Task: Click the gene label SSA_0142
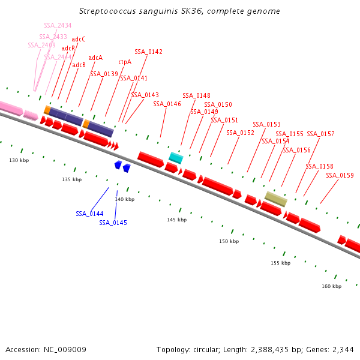(148, 52)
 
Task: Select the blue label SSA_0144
(89, 214)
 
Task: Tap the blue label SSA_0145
(113, 223)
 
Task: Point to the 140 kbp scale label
(124, 199)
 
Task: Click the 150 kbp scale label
(229, 241)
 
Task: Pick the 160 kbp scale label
(331, 286)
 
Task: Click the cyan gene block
(176, 158)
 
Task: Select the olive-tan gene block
(276, 199)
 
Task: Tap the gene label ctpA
(125, 62)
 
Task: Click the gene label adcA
(95, 58)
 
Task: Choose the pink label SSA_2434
(58, 25)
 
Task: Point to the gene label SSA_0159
(340, 176)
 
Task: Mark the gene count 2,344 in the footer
(343, 349)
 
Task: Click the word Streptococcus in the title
(106, 11)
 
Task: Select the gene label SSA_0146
(167, 104)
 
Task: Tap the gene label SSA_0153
(266, 124)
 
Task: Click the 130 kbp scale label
(19, 160)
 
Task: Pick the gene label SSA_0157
(320, 134)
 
